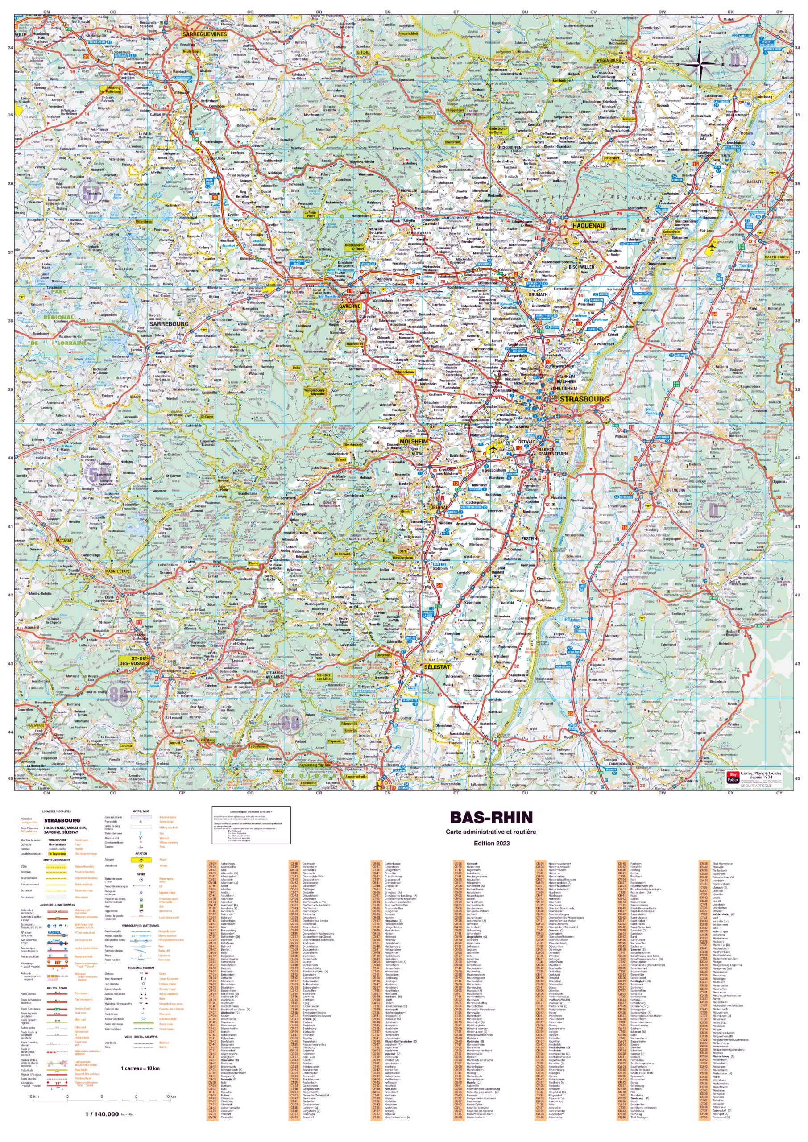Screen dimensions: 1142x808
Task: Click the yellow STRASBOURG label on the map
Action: (x=584, y=399)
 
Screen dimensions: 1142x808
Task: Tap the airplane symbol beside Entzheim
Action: (x=493, y=449)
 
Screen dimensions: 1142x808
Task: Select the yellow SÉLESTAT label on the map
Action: (x=436, y=667)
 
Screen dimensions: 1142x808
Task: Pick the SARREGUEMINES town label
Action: (x=204, y=34)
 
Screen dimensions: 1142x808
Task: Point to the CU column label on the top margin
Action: (x=524, y=12)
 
